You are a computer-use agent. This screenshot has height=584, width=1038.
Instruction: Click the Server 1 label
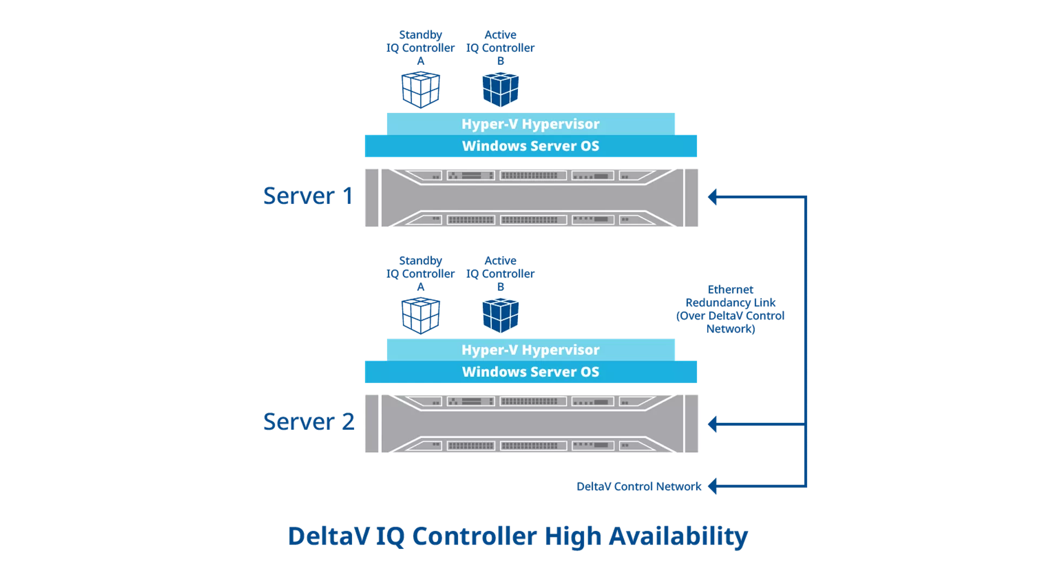(308, 196)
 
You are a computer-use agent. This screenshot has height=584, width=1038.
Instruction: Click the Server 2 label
(308, 422)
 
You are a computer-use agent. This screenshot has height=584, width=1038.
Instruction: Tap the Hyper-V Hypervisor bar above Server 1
(530, 124)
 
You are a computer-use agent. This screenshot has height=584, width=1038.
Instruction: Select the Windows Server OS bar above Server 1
(530, 146)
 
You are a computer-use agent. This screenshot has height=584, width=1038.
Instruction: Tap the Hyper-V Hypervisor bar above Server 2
(530, 350)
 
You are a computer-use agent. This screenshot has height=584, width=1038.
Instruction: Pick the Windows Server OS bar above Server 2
(530, 372)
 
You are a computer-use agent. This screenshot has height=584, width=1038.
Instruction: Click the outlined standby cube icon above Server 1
(421, 90)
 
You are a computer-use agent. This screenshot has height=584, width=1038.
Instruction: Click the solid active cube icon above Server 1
(500, 90)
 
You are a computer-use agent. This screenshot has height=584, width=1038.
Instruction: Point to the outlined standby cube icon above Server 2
(421, 316)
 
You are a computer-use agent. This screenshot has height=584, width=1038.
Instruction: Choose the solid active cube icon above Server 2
(500, 316)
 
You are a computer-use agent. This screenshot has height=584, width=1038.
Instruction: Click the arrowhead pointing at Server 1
(713, 197)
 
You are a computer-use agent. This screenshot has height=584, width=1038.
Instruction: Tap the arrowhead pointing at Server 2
(713, 424)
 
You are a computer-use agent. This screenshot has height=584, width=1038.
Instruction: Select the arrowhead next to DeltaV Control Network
(713, 486)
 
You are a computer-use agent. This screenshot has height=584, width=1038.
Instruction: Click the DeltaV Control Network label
(638, 487)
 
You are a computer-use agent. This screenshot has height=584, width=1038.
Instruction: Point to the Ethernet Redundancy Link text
(730, 309)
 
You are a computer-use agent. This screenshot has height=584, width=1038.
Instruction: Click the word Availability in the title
(678, 536)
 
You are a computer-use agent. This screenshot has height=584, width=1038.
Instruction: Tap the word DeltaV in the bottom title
(329, 536)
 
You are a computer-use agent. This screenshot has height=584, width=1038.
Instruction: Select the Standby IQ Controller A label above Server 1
(421, 48)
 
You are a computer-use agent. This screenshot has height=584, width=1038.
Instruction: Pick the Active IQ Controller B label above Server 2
(500, 274)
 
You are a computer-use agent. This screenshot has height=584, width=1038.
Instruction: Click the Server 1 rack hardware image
(531, 197)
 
